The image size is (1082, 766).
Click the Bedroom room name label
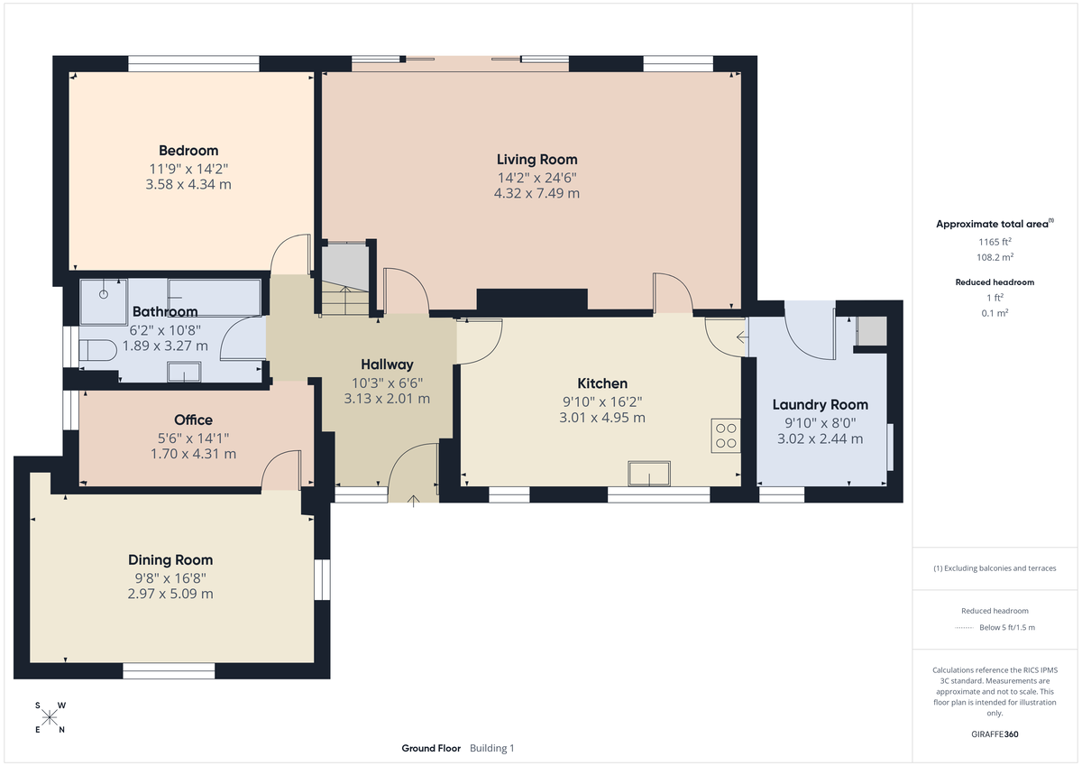188,151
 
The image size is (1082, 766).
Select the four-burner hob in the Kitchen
725,436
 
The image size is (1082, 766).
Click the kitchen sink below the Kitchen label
649,474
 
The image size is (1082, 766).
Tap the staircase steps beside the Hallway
344,298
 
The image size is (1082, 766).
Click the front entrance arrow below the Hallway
414,501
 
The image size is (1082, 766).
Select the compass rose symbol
50,718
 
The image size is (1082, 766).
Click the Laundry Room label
821,405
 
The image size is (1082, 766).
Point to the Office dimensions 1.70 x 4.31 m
193,454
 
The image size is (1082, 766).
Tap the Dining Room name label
170,560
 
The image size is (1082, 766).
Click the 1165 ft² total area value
995,242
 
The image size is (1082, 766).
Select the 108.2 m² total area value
995,256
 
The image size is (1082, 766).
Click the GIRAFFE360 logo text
995,734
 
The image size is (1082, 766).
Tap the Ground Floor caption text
431,748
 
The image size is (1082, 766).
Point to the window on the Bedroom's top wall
194,63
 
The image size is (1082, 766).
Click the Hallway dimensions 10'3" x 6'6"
387,383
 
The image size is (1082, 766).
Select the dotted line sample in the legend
965,628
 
